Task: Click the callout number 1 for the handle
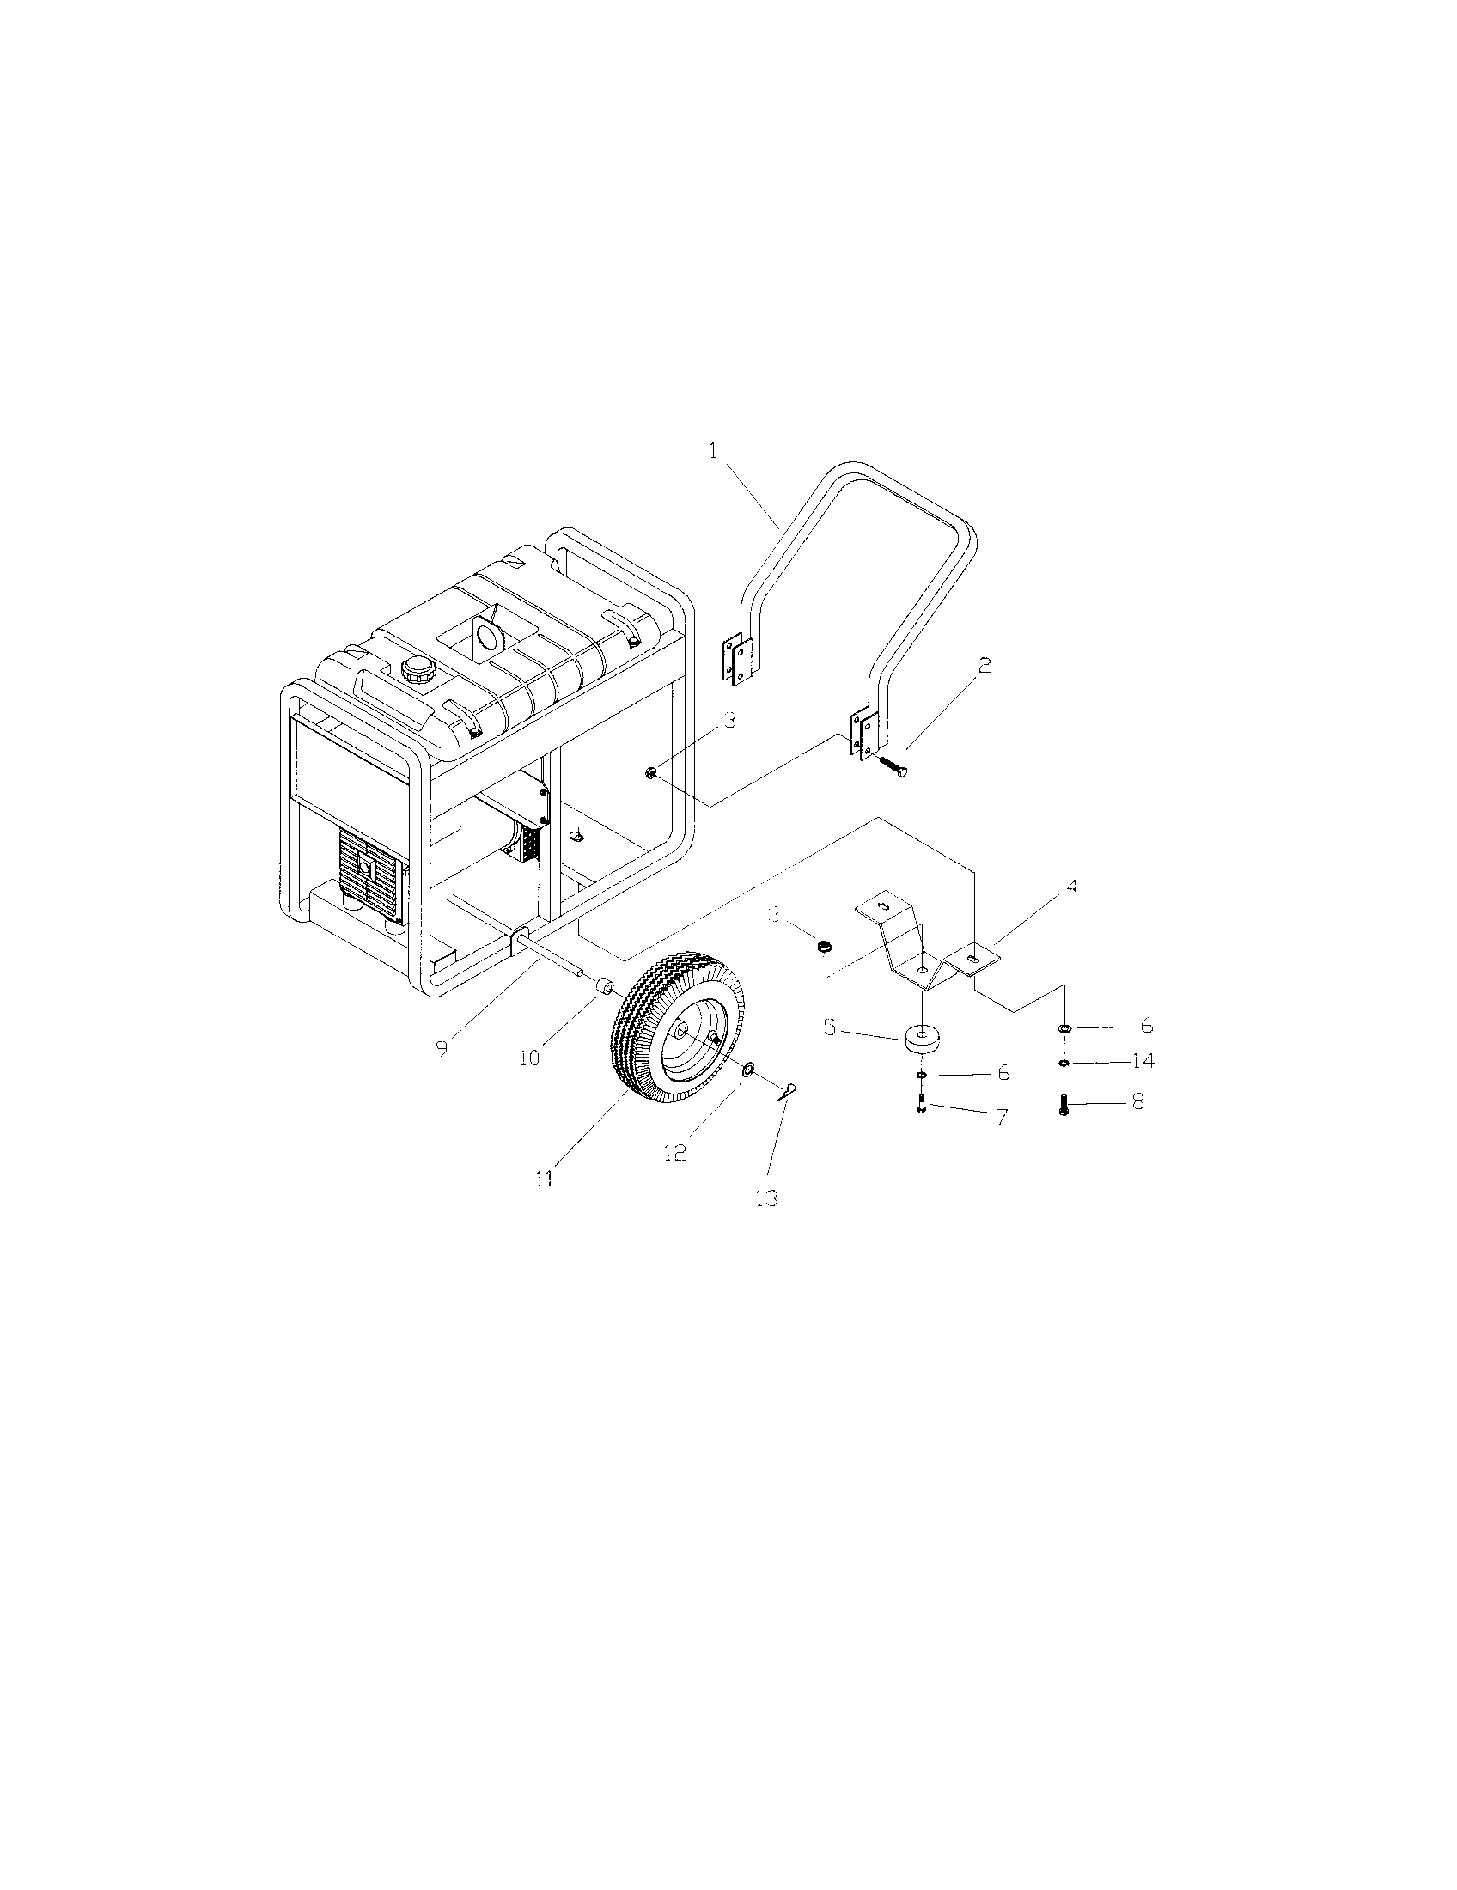[714, 452]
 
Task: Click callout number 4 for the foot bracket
[1071, 887]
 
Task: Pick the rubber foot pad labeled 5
[924, 1039]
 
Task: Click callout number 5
[830, 1028]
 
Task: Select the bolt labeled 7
[922, 1105]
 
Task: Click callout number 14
[1143, 1062]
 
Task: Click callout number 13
[766, 1198]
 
